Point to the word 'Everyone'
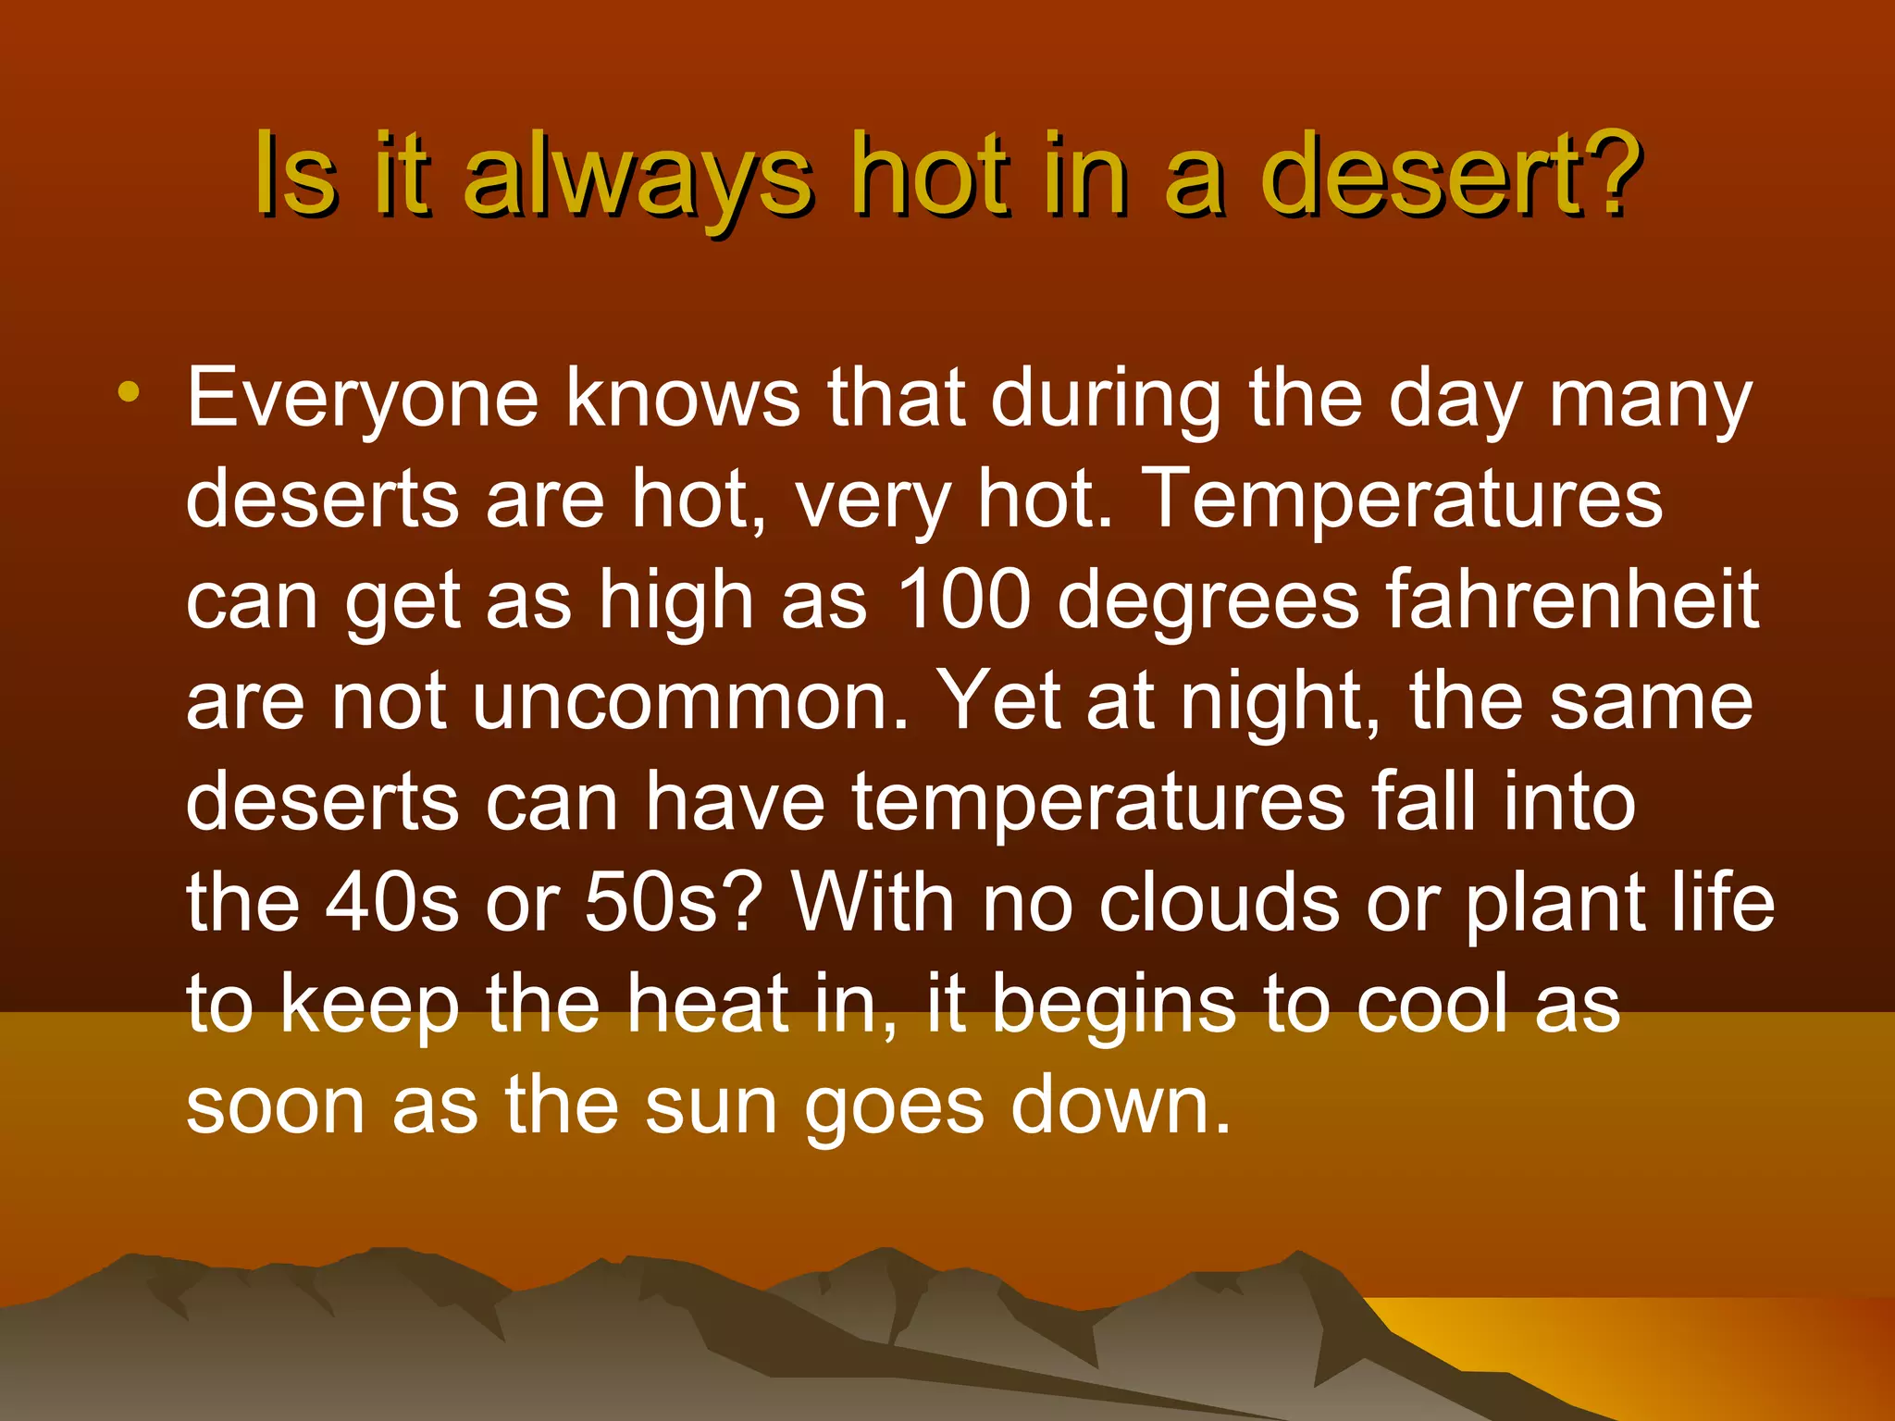362,400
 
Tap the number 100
963,599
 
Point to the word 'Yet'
997,701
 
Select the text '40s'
391,902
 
